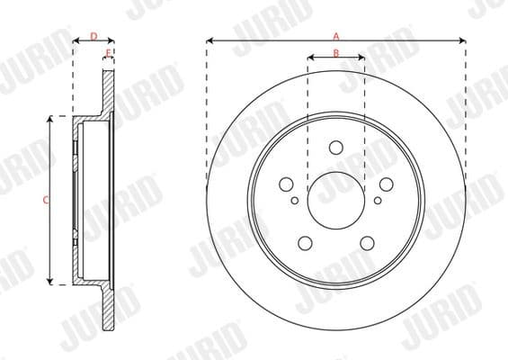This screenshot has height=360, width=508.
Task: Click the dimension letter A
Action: point(336,36)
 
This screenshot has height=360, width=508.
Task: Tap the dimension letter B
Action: point(336,54)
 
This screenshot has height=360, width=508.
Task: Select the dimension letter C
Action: point(47,200)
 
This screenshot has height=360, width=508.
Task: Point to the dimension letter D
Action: point(94,36)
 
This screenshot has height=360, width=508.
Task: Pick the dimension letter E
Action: point(108,54)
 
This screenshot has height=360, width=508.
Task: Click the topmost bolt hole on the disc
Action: point(336,148)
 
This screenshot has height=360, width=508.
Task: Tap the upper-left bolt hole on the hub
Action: point(287,184)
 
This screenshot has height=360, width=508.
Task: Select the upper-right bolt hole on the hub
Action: point(386,184)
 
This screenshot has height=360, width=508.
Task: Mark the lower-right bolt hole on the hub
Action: point(367,242)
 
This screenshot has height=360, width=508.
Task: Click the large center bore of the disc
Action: point(336,200)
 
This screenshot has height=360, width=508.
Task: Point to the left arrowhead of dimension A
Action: point(209,40)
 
